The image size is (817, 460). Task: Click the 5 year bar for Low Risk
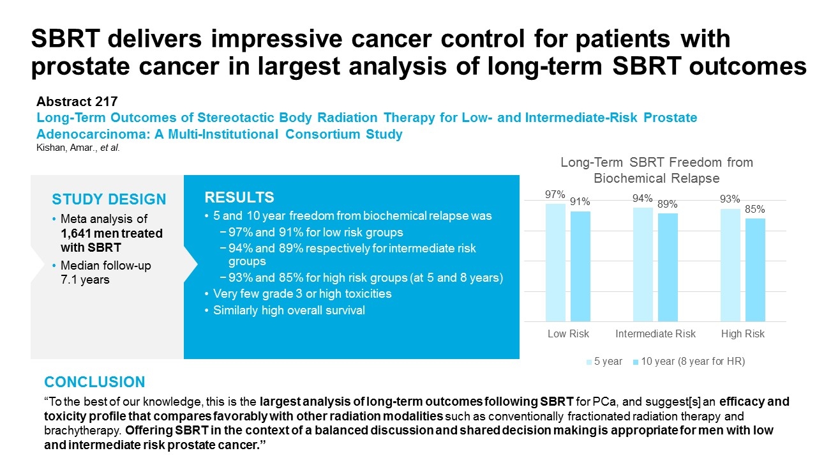555,262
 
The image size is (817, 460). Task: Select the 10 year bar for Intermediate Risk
668,267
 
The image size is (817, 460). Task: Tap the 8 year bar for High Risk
755,270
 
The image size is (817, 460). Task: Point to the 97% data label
555,195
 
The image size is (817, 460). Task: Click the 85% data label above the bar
755,209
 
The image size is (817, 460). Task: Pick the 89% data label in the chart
668,204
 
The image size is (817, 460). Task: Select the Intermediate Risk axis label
656,334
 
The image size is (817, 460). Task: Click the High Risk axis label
743,334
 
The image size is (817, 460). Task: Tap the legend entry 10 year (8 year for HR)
689,362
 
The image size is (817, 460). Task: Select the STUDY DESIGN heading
109,199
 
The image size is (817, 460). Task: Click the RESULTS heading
239,197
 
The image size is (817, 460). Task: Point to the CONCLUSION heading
94,382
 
